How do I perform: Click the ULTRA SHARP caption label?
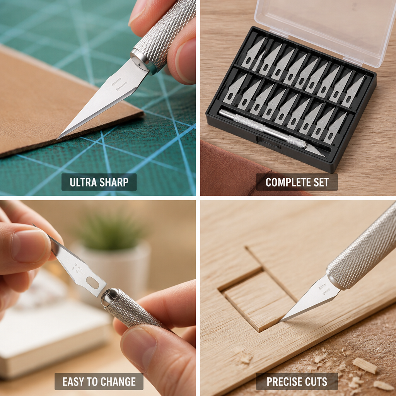point(99,182)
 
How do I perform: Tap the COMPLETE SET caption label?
point(297,182)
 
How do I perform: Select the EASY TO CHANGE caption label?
point(99,381)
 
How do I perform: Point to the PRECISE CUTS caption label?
point(297,381)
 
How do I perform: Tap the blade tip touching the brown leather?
point(58,138)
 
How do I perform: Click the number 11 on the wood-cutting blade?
point(324,288)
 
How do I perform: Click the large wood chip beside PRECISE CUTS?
point(365,365)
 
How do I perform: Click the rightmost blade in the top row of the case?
point(353,91)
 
